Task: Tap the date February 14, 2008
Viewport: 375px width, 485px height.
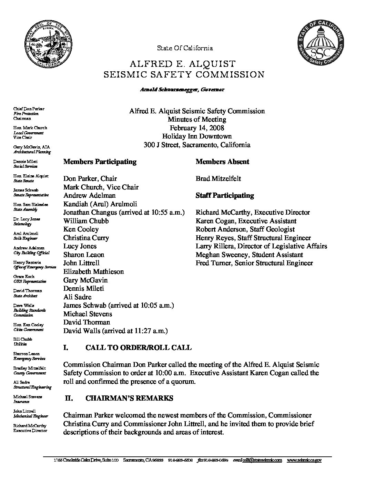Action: (x=197, y=128)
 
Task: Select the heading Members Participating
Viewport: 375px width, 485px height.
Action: (x=100, y=162)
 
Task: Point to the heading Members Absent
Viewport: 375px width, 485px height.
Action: (x=222, y=162)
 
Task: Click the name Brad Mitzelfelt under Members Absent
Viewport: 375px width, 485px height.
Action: (x=218, y=178)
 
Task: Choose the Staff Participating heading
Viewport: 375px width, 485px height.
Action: (x=225, y=195)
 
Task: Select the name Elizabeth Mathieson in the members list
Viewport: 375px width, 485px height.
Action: (x=93, y=271)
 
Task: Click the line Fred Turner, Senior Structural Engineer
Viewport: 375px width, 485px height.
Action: (x=254, y=263)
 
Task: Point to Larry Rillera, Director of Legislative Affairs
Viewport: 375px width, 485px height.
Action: (x=261, y=246)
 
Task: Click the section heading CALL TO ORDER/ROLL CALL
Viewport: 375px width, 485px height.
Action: (x=138, y=347)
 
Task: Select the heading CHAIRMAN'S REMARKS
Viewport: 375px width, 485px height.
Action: (x=129, y=398)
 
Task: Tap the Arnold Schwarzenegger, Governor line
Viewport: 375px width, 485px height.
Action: (x=182, y=90)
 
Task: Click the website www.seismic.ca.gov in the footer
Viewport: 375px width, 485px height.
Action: (x=304, y=460)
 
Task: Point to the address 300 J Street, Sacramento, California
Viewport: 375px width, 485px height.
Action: (x=197, y=145)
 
